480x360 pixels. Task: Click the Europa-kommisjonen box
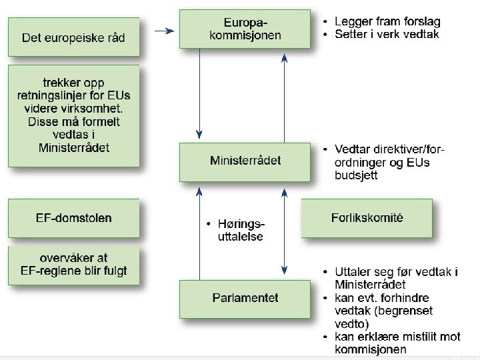point(245,29)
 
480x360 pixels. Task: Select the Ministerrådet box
point(245,161)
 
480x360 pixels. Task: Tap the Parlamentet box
point(245,297)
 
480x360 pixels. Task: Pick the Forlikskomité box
point(367,218)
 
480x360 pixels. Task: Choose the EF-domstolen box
point(73,218)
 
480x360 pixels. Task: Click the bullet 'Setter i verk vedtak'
point(387,34)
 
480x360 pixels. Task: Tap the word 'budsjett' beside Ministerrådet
point(356,175)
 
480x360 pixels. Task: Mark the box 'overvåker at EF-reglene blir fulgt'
point(73,264)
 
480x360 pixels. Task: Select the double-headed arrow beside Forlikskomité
point(285,230)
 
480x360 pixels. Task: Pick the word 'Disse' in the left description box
point(44,122)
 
